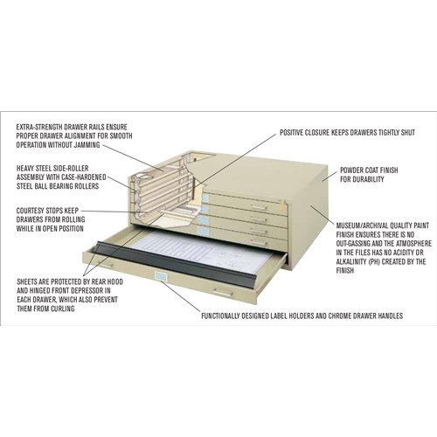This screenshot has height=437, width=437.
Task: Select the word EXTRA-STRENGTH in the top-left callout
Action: coord(41,127)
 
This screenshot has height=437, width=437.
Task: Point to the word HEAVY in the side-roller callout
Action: coord(27,167)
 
